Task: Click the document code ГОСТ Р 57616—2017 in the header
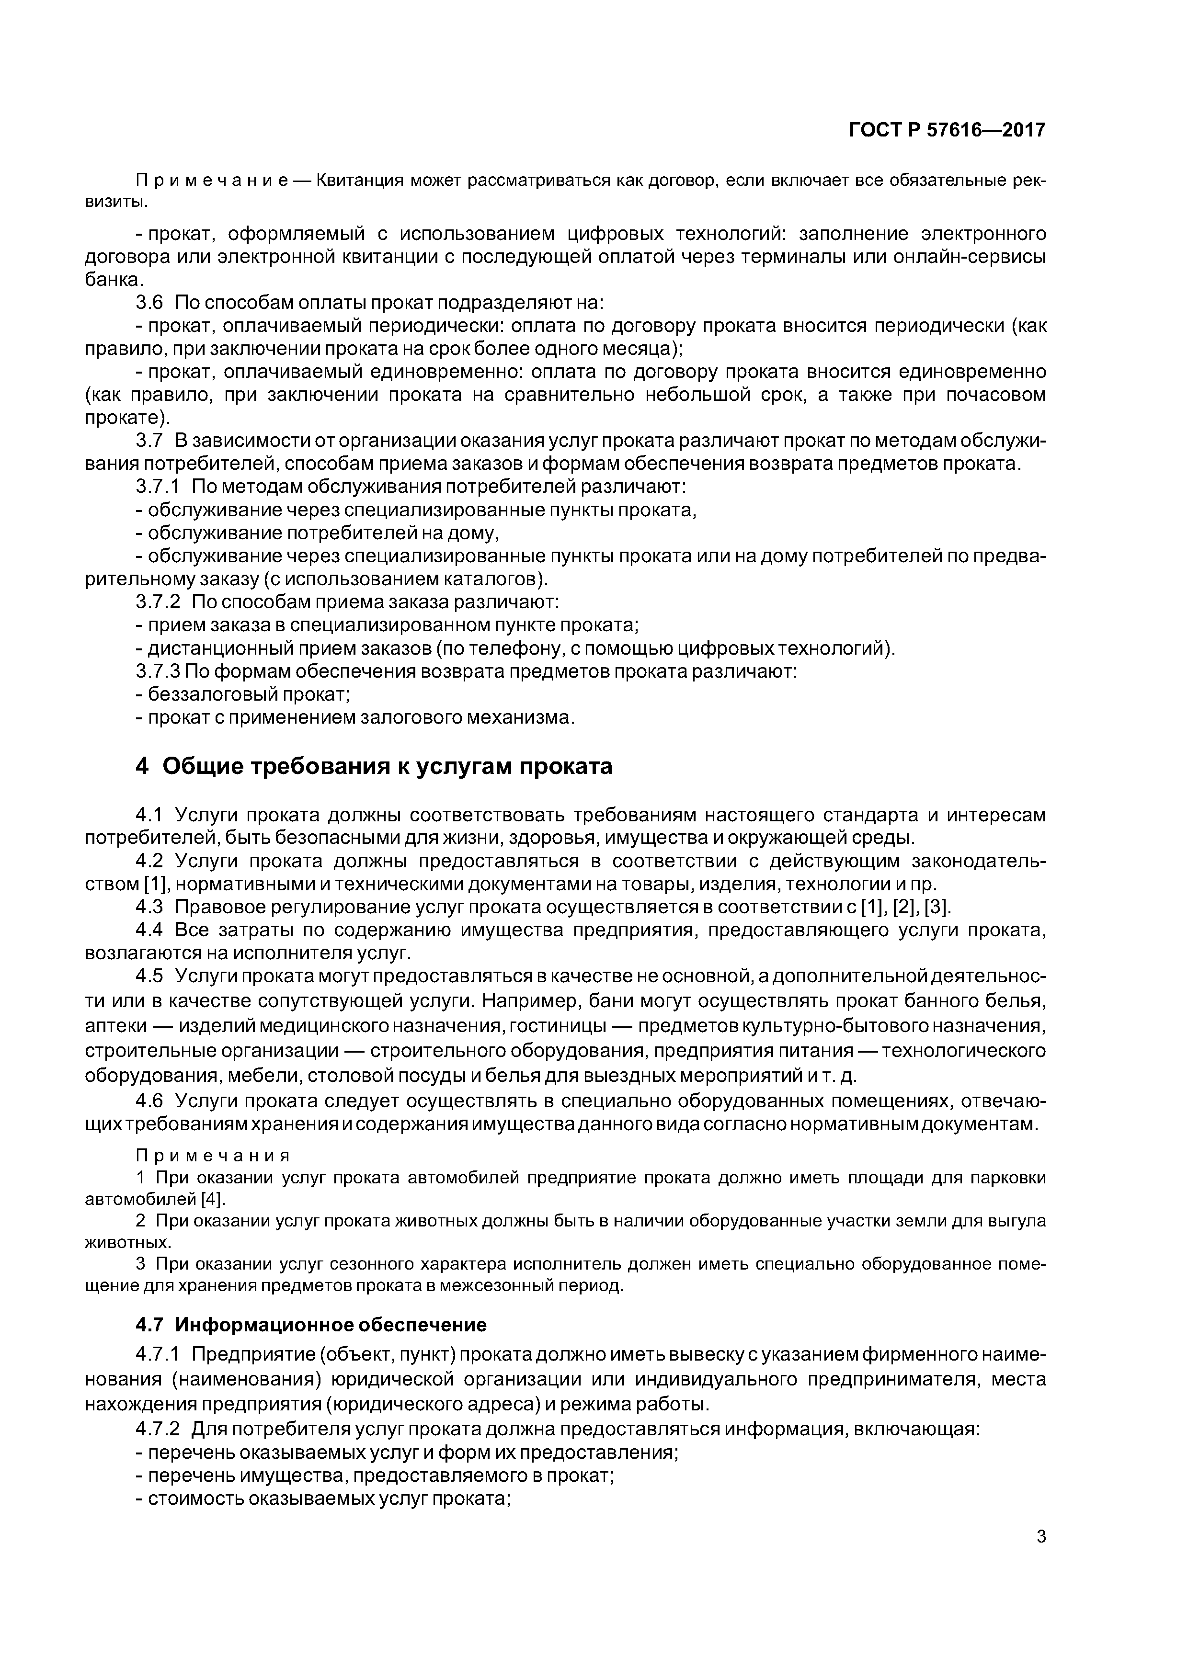click(947, 130)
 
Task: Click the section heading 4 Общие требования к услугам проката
click(374, 767)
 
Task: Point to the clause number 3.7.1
click(158, 487)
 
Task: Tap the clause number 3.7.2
click(158, 602)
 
